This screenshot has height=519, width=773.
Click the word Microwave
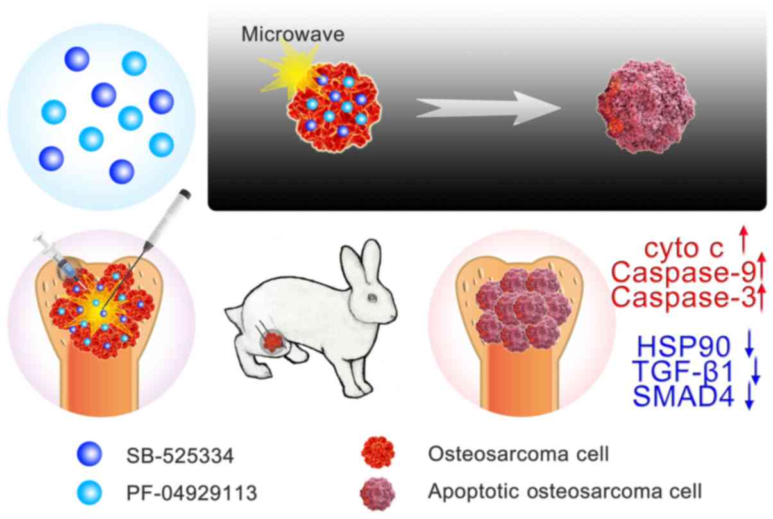point(293,34)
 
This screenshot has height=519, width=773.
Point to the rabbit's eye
point(373,298)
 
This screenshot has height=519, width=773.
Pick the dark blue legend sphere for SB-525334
point(89,455)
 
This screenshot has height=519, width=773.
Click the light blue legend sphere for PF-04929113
point(89,492)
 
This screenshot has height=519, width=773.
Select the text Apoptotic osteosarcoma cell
point(564,491)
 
